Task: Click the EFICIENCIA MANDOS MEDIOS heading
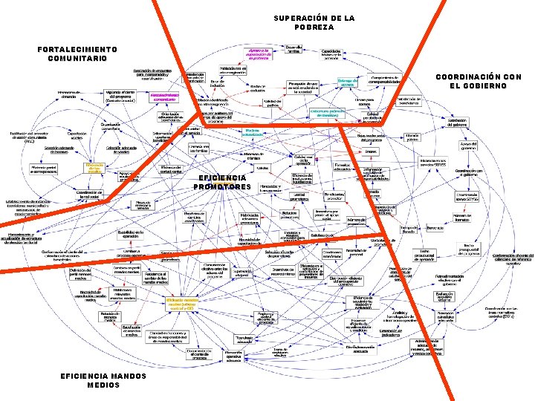[92, 380]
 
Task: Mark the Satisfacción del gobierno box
[456, 123]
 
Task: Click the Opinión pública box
[412, 137]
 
